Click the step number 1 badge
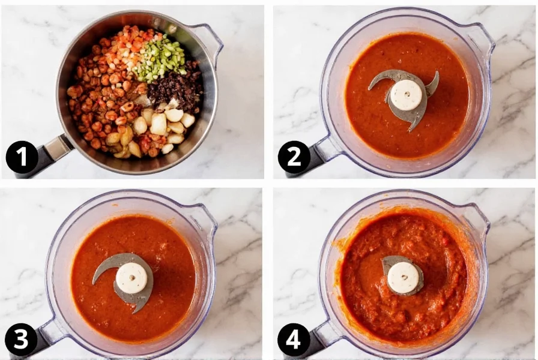point(22,157)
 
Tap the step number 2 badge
point(294,157)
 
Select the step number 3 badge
point(22,340)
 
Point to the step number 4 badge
point(294,340)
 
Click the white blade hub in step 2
point(407,95)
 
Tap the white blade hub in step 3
point(132,278)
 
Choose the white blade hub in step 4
point(403,277)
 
